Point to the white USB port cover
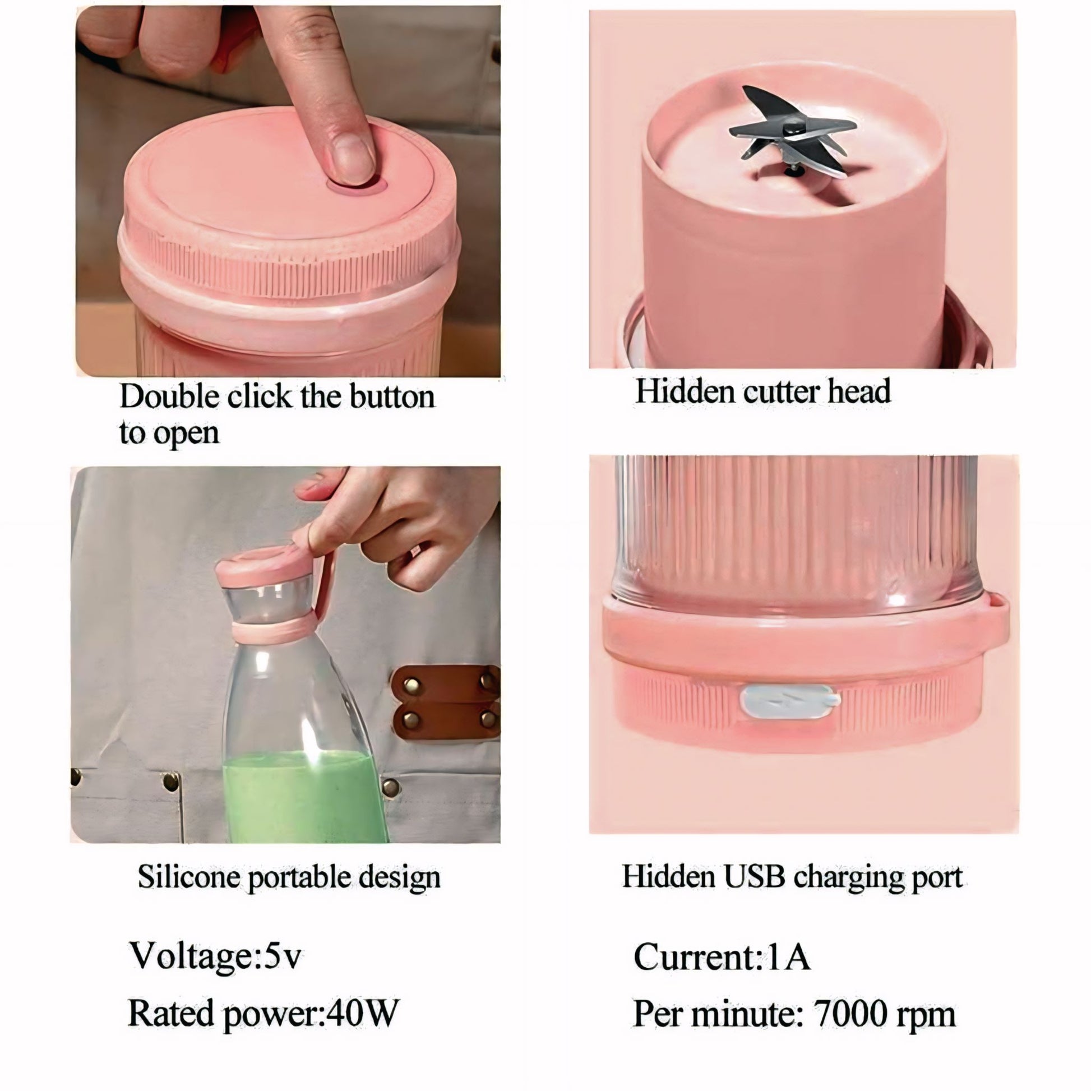coord(789,701)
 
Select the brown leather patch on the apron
coord(446,702)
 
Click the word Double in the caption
coord(169,396)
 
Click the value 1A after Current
coord(788,957)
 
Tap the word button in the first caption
coord(392,396)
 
